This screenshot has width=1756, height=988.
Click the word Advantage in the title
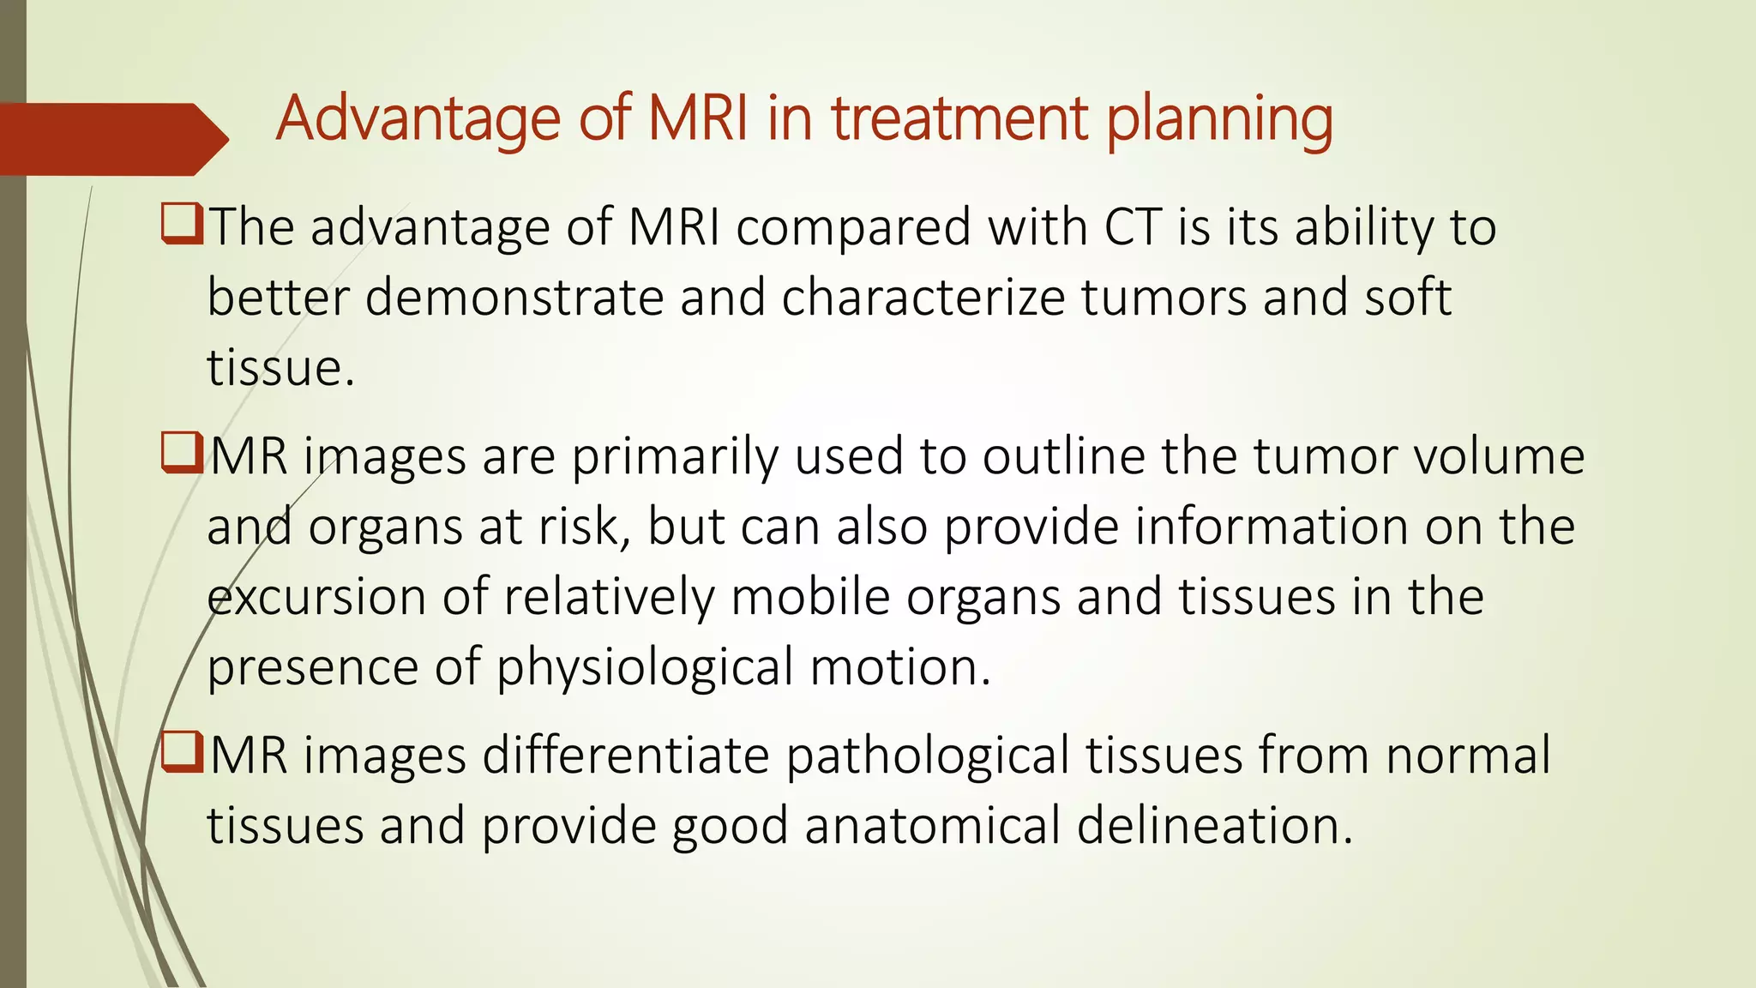(418, 118)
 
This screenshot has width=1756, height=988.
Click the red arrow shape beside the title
(111, 139)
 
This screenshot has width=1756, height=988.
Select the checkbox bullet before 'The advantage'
(181, 224)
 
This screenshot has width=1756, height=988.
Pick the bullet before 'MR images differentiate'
(181, 752)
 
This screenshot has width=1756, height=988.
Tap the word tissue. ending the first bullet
(280, 369)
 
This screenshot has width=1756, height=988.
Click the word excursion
(316, 598)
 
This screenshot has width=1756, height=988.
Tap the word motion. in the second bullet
(899, 668)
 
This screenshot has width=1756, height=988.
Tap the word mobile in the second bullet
(810, 598)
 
